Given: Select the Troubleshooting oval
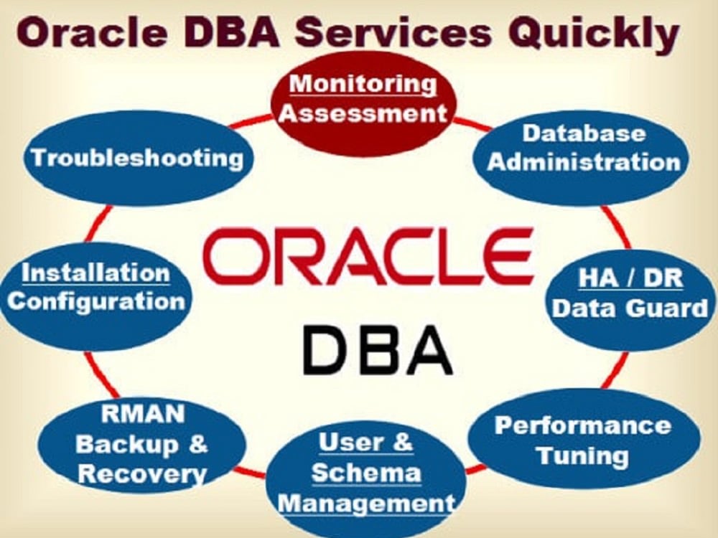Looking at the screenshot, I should click(x=136, y=158).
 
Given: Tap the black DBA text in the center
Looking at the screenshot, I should click(x=378, y=349).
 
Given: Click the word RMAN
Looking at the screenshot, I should click(x=142, y=414).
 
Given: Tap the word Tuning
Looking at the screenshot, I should click(x=583, y=456).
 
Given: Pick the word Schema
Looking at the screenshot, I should click(x=366, y=473).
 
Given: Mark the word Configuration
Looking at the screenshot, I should click(x=95, y=301).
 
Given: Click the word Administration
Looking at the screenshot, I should click(x=583, y=161).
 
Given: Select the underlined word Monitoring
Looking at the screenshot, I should click(x=363, y=84).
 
